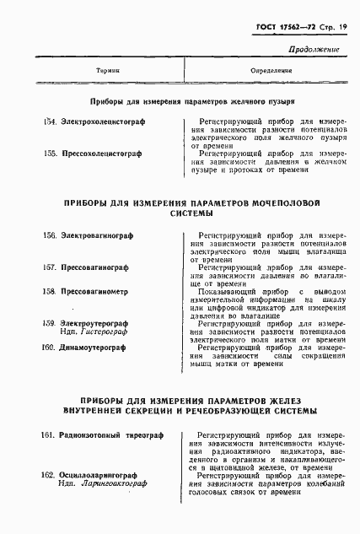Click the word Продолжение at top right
tap(314, 50)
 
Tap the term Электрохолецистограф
tap(102, 124)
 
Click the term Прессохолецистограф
tap(99, 154)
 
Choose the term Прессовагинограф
tap(94, 267)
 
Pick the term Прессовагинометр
tap(94, 290)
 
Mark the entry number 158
tap(49, 290)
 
